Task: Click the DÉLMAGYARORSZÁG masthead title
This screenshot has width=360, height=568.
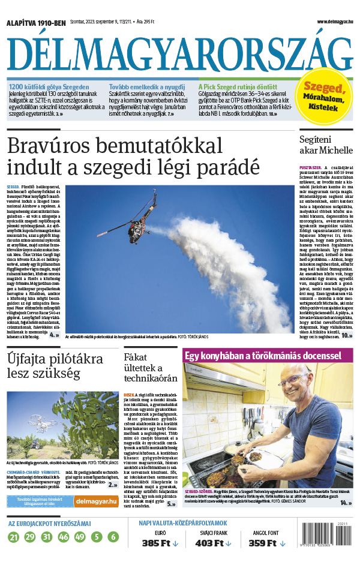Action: [x=179, y=55]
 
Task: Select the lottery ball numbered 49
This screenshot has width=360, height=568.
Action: [x=80, y=537]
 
